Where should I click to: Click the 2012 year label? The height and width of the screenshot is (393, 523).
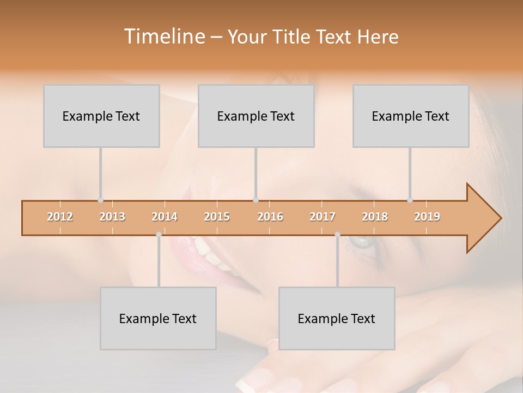tap(60, 217)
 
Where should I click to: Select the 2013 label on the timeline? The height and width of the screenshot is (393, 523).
tap(112, 217)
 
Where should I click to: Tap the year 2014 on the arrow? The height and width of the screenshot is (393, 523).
tap(165, 217)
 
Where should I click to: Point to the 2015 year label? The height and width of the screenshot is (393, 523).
tap(217, 217)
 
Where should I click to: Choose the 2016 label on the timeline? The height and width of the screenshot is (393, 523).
tap(270, 217)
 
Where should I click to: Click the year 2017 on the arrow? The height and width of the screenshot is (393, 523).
tap(323, 217)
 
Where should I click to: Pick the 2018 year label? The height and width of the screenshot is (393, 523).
tap(375, 217)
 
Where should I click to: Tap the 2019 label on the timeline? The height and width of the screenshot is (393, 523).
tap(427, 217)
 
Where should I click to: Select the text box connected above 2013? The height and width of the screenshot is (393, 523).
tap(101, 116)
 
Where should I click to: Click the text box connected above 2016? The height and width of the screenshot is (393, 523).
tap(256, 116)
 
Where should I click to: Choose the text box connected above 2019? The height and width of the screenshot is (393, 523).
tap(411, 116)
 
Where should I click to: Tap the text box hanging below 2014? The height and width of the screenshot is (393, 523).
tap(158, 318)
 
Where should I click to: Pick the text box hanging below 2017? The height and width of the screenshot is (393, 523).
tap(337, 318)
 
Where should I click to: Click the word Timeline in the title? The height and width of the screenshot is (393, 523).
tap(163, 37)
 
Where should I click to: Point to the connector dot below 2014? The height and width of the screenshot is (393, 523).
tap(159, 235)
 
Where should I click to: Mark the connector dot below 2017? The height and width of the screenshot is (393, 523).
tap(337, 235)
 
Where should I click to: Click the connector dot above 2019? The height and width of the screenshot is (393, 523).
tap(410, 200)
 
